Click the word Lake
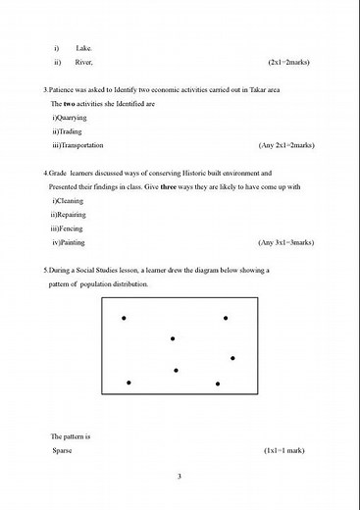84,48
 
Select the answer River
84,62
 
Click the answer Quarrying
73,117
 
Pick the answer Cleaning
72,200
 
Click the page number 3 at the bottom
180,477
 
